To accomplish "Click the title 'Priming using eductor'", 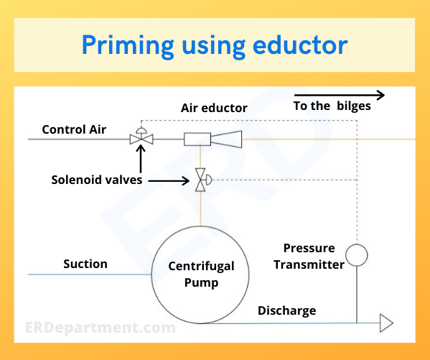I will point(215,45).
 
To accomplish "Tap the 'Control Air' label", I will point(74,129).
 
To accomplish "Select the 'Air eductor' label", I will point(214,108).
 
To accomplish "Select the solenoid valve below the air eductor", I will point(201,180).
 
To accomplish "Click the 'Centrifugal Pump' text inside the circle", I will point(201,274).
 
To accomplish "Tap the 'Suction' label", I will point(85,264).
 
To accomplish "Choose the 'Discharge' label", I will point(286,310).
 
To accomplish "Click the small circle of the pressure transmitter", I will point(356,254).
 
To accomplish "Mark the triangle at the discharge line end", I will point(386,323).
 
